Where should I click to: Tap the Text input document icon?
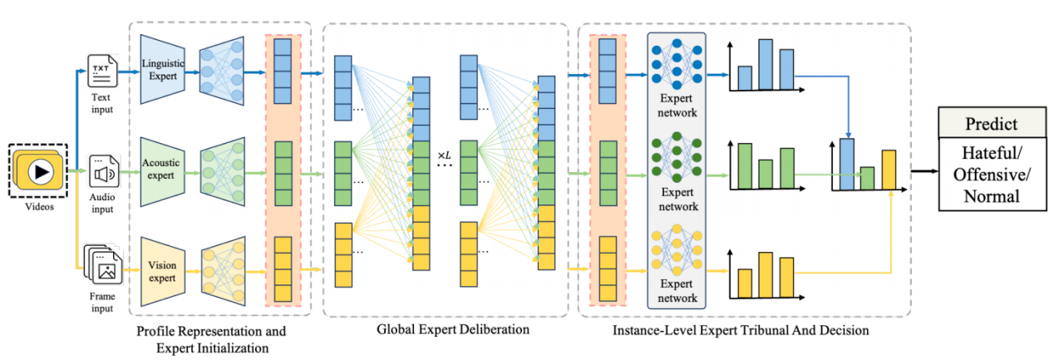coord(102,73)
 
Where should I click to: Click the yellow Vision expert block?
coord(162,271)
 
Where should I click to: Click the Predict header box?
coord(990,124)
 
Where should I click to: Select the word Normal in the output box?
coord(990,197)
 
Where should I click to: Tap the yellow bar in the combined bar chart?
coord(889,169)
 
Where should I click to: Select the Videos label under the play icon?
coord(40,207)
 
